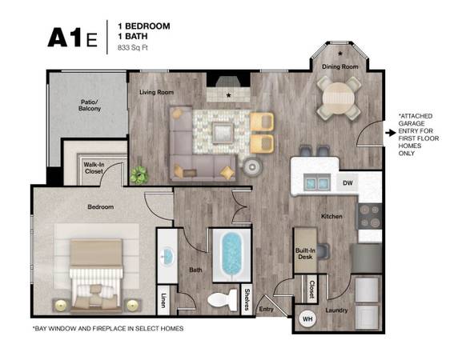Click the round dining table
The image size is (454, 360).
click(339, 98)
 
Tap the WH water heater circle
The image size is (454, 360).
click(307, 319)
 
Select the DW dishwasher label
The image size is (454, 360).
click(348, 183)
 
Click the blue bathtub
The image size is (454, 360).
click(231, 254)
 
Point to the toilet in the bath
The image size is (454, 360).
click(223, 300)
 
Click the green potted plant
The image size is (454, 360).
click(139, 174)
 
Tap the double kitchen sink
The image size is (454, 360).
click(316, 182)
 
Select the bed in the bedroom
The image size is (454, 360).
click(96, 275)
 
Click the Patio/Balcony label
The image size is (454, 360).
click(90, 106)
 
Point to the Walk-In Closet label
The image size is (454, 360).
click(94, 168)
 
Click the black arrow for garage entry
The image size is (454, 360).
click(391, 133)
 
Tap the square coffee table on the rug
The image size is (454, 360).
click(223, 133)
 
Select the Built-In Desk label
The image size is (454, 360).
click(305, 254)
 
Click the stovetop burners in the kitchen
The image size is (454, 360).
click(371, 216)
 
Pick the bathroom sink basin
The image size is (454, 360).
click(167, 255)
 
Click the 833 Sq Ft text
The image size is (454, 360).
click(133, 47)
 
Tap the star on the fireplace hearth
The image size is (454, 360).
click(229, 95)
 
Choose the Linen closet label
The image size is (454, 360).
click(163, 301)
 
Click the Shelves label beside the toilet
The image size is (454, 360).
click(247, 299)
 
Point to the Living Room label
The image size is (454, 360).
click(157, 92)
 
